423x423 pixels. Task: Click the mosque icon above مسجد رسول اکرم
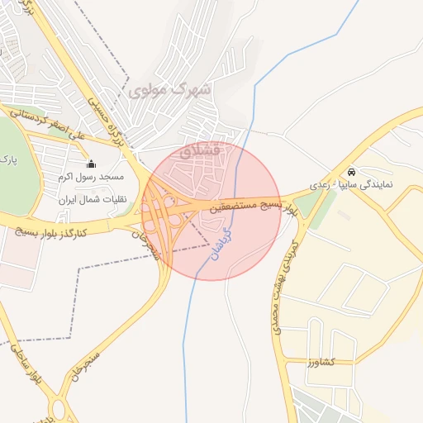pos(91,164)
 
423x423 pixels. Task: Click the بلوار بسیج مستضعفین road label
pos(249,207)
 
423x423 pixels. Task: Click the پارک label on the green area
pos(7,158)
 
